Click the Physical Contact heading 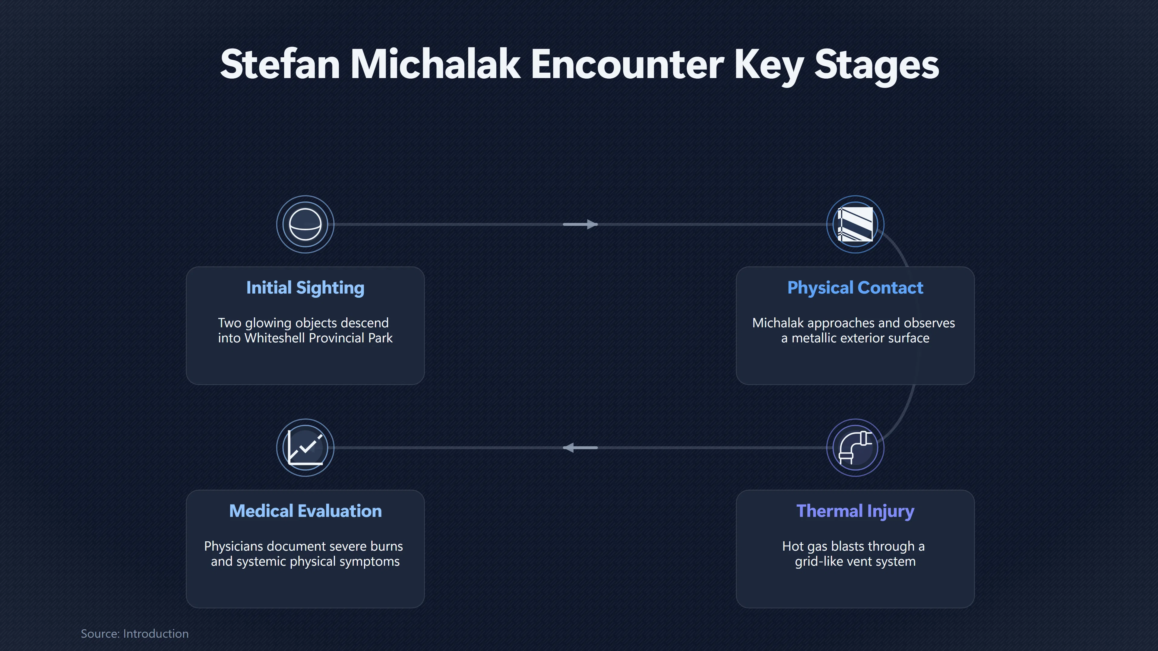click(855, 288)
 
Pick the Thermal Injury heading click(855, 511)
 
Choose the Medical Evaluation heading click(305, 511)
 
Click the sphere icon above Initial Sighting click(305, 224)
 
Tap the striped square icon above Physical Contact click(855, 224)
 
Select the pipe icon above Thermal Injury click(855, 448)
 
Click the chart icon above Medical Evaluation click(305, 448)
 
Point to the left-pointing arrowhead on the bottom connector click(569, 448)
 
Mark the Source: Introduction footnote click(134, 634)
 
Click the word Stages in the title click(877, 65)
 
